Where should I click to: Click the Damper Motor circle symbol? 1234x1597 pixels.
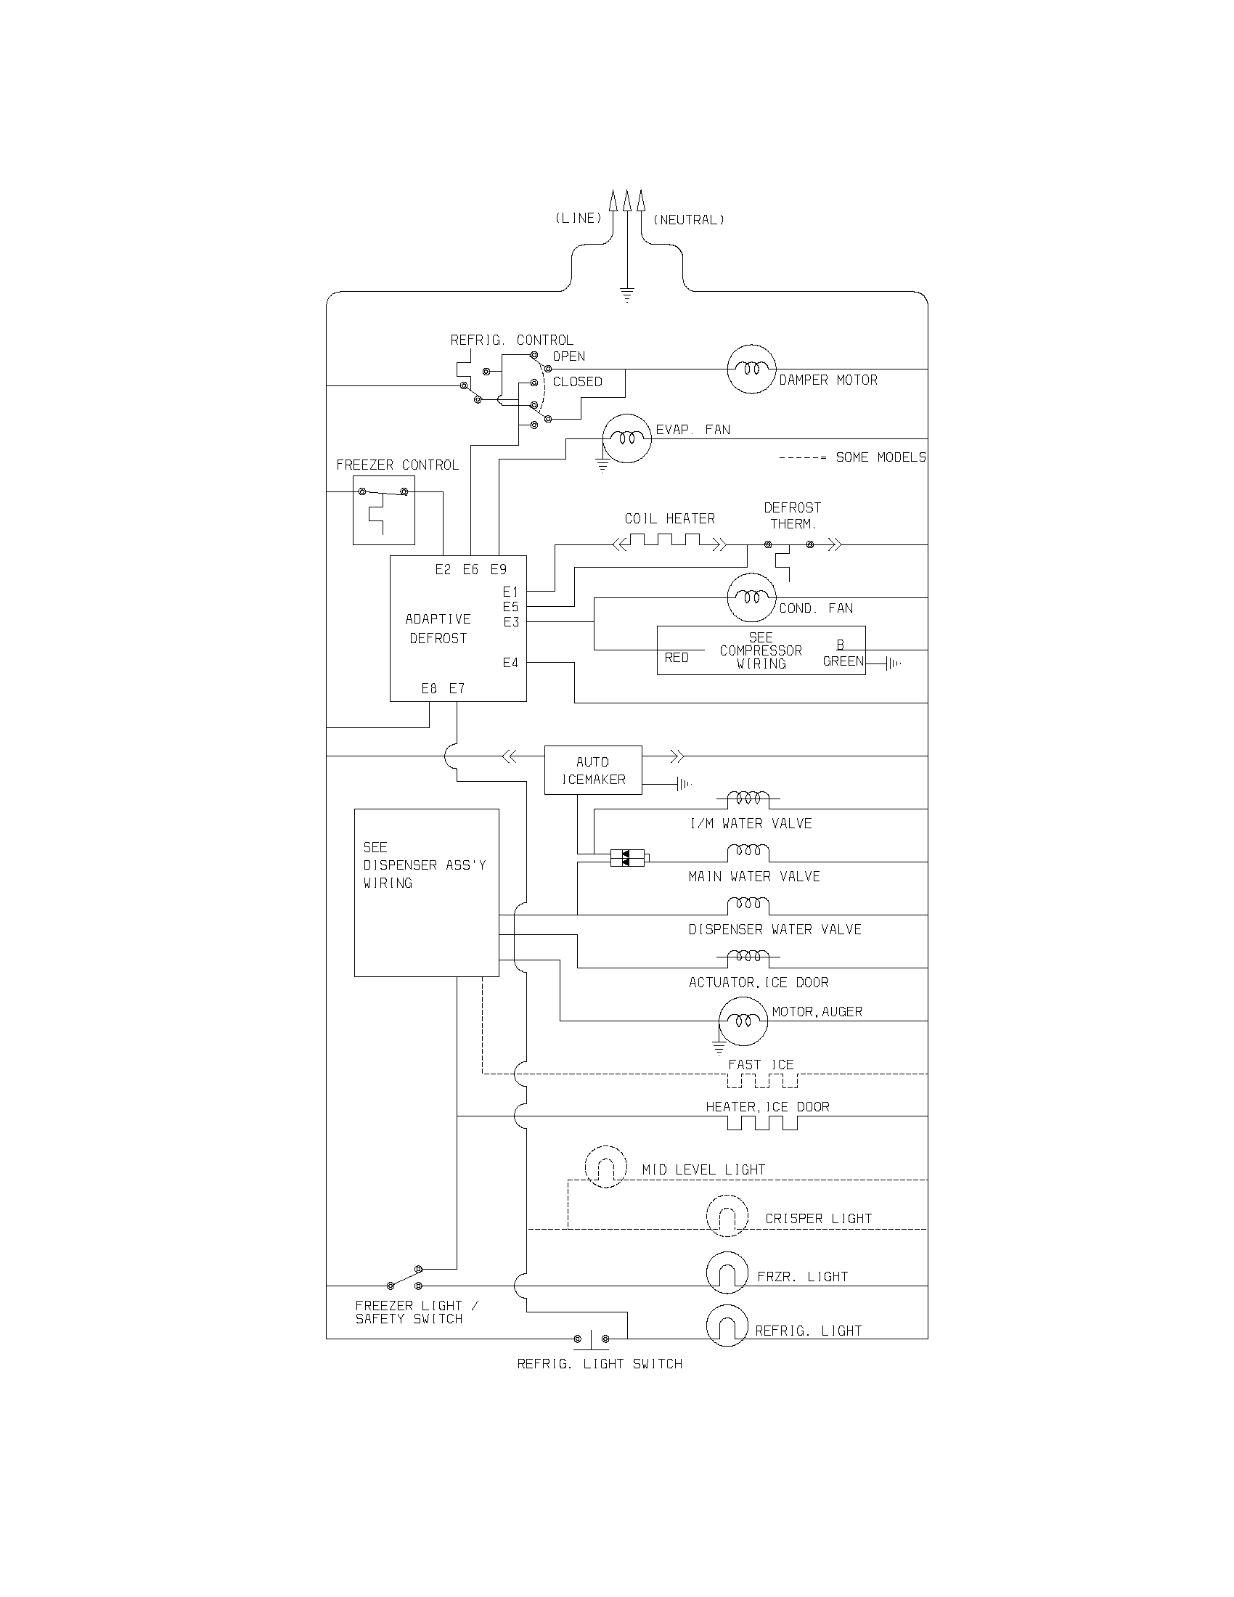tap(751, 369)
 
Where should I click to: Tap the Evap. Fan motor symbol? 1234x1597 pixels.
tap(626, 438)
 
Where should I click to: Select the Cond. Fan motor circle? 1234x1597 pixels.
tap(751, 597)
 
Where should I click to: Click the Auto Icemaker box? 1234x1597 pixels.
tap(593, 770)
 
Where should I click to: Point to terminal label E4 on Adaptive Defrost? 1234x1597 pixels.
tap(510, 663)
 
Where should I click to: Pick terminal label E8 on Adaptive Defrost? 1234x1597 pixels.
tap(429, 688)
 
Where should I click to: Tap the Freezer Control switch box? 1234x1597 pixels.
tap(384, 510)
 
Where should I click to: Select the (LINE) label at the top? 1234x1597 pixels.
tap(579, 218)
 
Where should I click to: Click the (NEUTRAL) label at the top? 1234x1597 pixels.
tap(689, 219)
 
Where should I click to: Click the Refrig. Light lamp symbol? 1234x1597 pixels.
tap(727, 1326)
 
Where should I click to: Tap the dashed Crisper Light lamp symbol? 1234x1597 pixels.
tap(727, 1215)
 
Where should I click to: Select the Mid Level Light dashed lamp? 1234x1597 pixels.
tap(605, 1167)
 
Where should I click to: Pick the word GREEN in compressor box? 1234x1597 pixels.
tap(843, 661)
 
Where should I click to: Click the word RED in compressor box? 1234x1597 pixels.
tap(677, 658)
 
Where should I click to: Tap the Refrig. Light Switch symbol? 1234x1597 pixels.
tap(591, 1339)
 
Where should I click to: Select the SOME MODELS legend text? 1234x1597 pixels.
tap(880, 457)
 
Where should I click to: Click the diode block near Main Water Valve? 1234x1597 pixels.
tap(627, 858)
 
